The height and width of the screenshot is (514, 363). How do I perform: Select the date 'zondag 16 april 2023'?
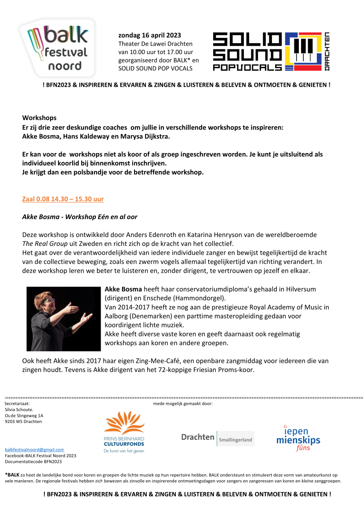pyautogui.click(x=149, y=35)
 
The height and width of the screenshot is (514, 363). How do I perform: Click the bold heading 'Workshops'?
pyautogui.click(x=39, y=118)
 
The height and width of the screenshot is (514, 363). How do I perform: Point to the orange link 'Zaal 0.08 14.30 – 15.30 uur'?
pyautogui.click(x=63, y=199)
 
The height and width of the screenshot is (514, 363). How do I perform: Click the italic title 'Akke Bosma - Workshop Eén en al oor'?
pyautogui.click(x=80, y=217)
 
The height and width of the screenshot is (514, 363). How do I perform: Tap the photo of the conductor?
pyautogui.click(x=63, y=319)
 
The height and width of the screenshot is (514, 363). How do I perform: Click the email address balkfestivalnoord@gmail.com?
pyautogui.click(x=34, y=449)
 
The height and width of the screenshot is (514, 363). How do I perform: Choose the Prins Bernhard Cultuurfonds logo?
pyautogui.click(x=124, y=432)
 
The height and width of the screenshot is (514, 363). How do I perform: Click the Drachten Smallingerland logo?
pyautogui.click(x=218, y=437)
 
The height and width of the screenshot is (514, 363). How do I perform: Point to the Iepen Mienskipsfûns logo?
pyautogui.click(x=298, y=438)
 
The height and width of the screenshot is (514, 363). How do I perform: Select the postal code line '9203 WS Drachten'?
pyautogui.click(x=23, y=422)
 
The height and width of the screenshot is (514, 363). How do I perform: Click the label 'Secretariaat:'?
pyautogui.click(x=17, y=403)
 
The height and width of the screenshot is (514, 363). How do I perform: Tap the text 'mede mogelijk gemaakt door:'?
pyautogui.click(x=183, y=403)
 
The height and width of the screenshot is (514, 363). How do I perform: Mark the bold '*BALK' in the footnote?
pyautogui.click(x=12, y=475)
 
